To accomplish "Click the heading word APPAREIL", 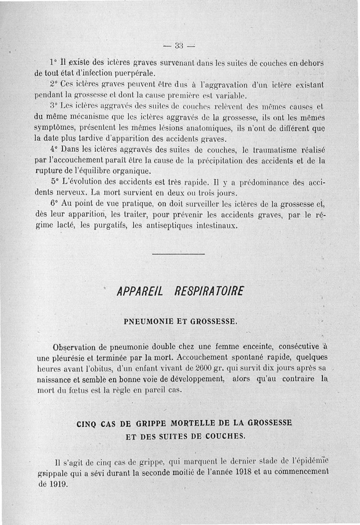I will [139, 292].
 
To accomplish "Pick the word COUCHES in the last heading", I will [224, 436].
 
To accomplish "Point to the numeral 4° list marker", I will [55, 149].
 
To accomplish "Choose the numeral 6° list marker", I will [55, 203].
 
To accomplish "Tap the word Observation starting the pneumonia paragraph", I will [74, 348].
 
